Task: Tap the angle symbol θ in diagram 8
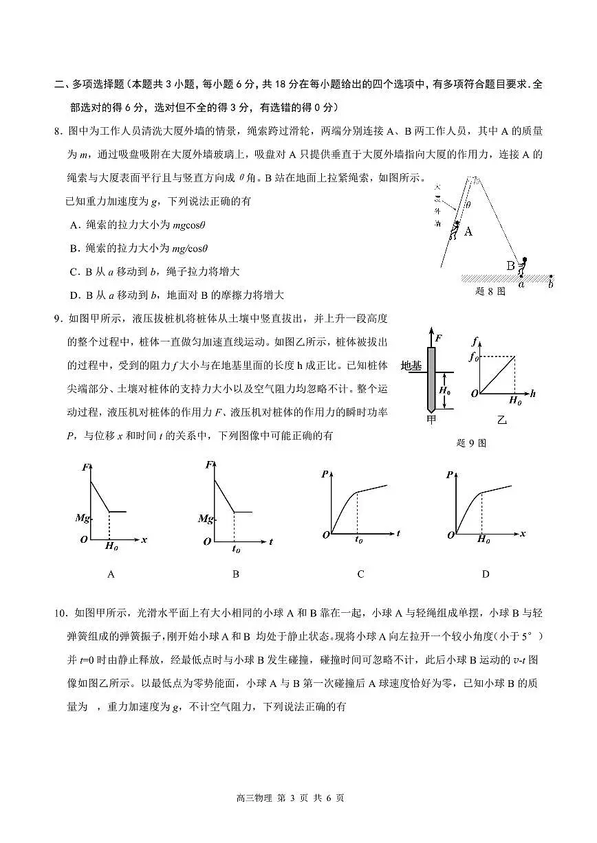468,204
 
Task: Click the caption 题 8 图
490,291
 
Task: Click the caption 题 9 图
471,442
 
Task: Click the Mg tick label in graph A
82,518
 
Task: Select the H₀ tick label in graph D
484,540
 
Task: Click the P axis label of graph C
324,474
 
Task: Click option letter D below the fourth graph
485,574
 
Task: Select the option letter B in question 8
74,248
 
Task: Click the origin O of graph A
83,540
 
